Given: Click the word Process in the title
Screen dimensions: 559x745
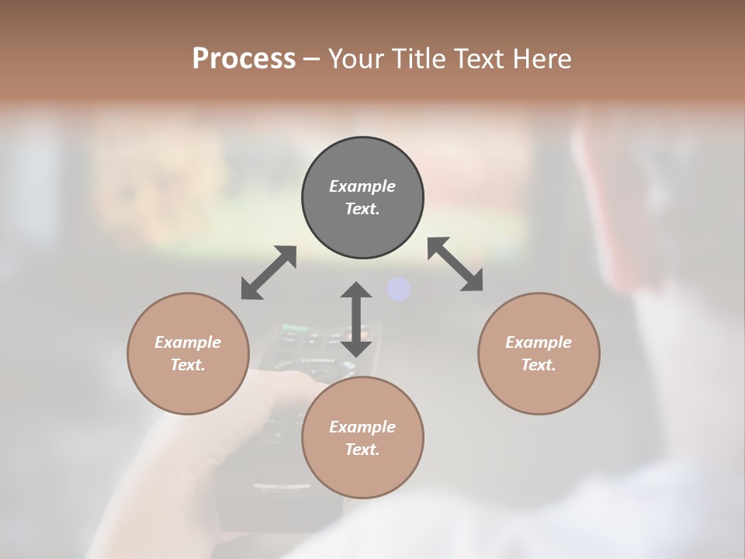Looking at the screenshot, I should tap(244, 58).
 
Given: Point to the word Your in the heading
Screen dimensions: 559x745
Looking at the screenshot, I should tap(358, 58).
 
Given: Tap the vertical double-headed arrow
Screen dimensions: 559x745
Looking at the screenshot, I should tap(356, 319).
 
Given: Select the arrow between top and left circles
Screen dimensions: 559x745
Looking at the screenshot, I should tap(269, 273).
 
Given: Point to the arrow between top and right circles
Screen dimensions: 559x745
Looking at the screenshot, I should tap(456, 264).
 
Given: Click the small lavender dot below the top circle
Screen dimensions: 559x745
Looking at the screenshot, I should tap(398, 289).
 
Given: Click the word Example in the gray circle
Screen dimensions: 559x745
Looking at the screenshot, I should tap(362, 186).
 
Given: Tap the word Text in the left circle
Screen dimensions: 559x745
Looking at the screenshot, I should tap(188, 365).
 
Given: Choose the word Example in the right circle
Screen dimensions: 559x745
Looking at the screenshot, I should tap(539, 342).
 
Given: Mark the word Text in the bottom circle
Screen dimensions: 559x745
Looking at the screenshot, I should tap(362, 450).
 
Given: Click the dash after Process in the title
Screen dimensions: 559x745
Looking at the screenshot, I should tap(311, 59).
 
